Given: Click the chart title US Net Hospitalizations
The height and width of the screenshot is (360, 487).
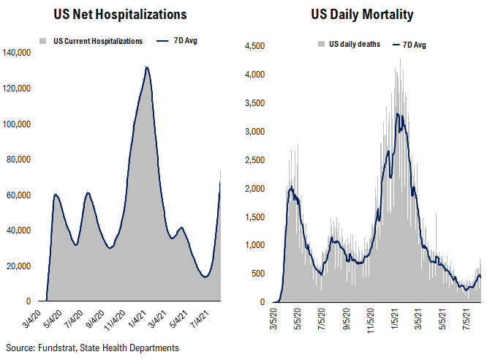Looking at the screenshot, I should pyautogui.click(x=120, y=14).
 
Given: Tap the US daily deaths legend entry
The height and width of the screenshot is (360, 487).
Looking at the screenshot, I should pyautogui.click(x=353, y=45).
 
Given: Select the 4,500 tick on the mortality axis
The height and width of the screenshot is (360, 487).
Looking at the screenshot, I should pyautogui.click(x=255, y=46).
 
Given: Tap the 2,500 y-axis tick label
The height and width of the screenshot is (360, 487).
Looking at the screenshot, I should pyautogui.click(x=255, y=160).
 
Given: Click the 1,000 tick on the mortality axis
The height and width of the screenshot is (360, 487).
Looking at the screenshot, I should pyautogui.click(x=255, y=245).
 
